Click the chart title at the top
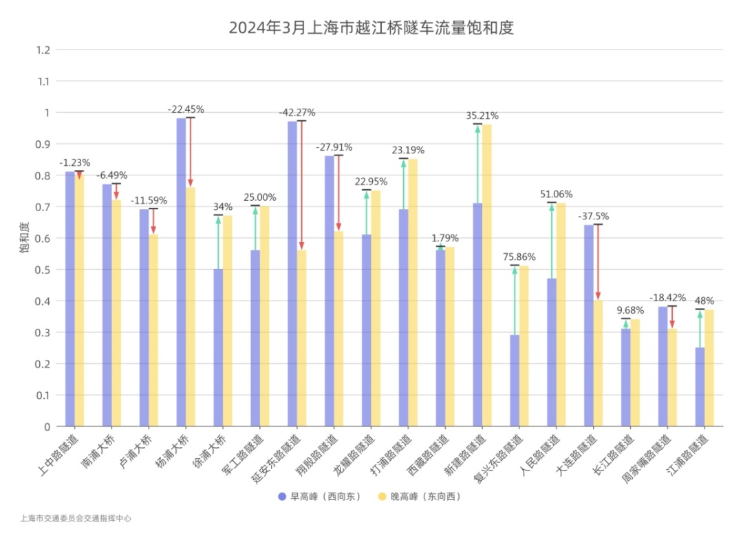pyautogui.click(x=371, y=28)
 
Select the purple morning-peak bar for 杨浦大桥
pyautogui.click(x=181, y=272)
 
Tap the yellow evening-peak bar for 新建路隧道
pyautogui.click(x=487, y=275)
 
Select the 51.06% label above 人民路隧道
pyautogui.click(x=557, y=194)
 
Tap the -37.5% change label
pyautogui.click(x=594, y=215)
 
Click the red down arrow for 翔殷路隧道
pyautogui.click(x=338, y=193)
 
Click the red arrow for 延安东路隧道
pyautogui.click(x=301, y=186)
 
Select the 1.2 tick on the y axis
pyautogui.click(x=44, y=50)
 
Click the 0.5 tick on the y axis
pyautogui.click(x=44, y=270)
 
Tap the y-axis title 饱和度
pyautogui.click(x=25, y=238)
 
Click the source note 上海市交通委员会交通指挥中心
pyautogui.click(x=76, y=519)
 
